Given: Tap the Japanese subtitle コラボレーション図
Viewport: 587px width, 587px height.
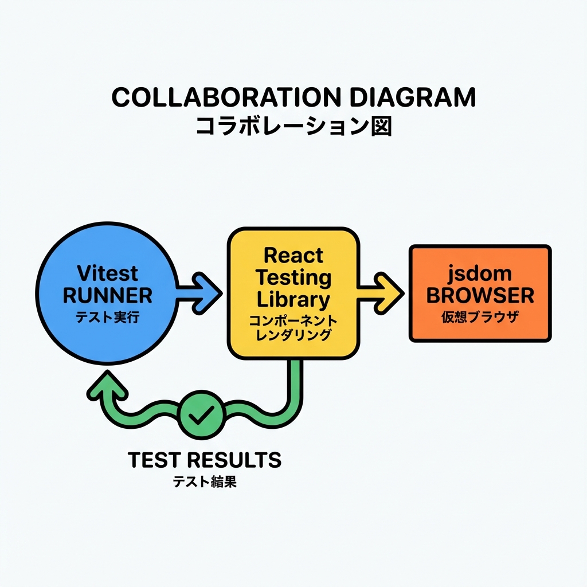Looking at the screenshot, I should pyautogui.click(x=293, y=126).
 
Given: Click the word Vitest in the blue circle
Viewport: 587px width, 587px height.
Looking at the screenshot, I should pyautogui.click(x=107, y=273).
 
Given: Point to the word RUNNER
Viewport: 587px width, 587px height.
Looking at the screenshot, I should pyautogui.click(x=107, y=296).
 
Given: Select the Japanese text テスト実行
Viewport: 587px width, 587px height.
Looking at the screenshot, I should pyautogui.click(x=107, y=318).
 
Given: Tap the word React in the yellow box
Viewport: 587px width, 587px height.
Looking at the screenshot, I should pyautogui.click(x=293, y=255).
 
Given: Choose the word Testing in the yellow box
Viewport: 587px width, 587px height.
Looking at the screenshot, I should pyautogui.click(x=293, y=277).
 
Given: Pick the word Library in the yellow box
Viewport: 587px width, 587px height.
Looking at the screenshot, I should pyautogui.click(x=293, y=299).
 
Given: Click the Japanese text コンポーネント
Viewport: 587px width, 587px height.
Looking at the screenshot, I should pyautogui.click(x=293, y=320).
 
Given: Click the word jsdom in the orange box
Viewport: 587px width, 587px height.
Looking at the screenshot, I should pyautogui.click(x=480, y=273).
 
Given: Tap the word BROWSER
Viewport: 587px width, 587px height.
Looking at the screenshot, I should pyautogui.click(x=480, y=296).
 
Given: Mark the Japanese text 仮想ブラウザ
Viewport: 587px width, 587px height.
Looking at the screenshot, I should pyautogui.click(x=480, y=317).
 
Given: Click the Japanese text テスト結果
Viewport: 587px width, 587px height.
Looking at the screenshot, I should pyautogui.click(x=205, y=482).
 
